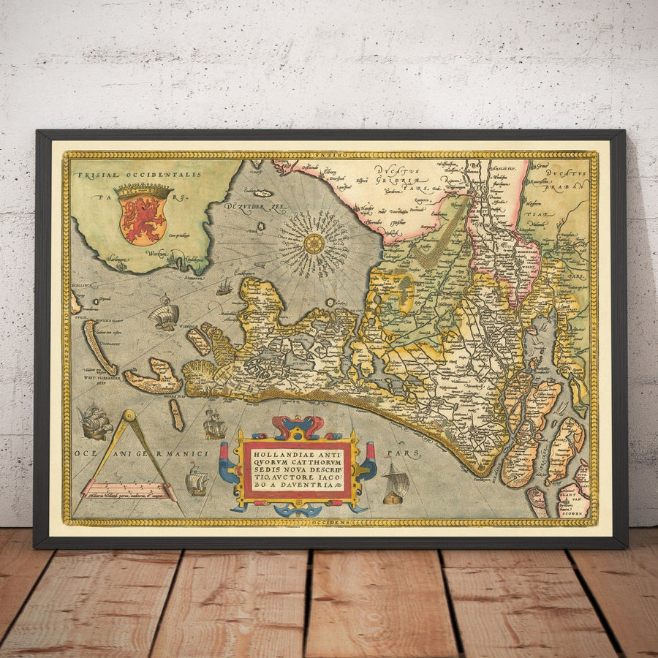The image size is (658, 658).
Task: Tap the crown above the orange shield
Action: (143, 191)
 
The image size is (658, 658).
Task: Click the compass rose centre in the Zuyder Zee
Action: (314, 243)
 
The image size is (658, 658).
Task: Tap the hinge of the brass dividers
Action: (128, 417)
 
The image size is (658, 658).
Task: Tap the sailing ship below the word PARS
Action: (395, 485)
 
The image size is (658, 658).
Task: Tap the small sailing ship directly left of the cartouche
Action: (196, 480)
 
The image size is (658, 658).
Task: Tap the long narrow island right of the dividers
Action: (176, 415)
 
